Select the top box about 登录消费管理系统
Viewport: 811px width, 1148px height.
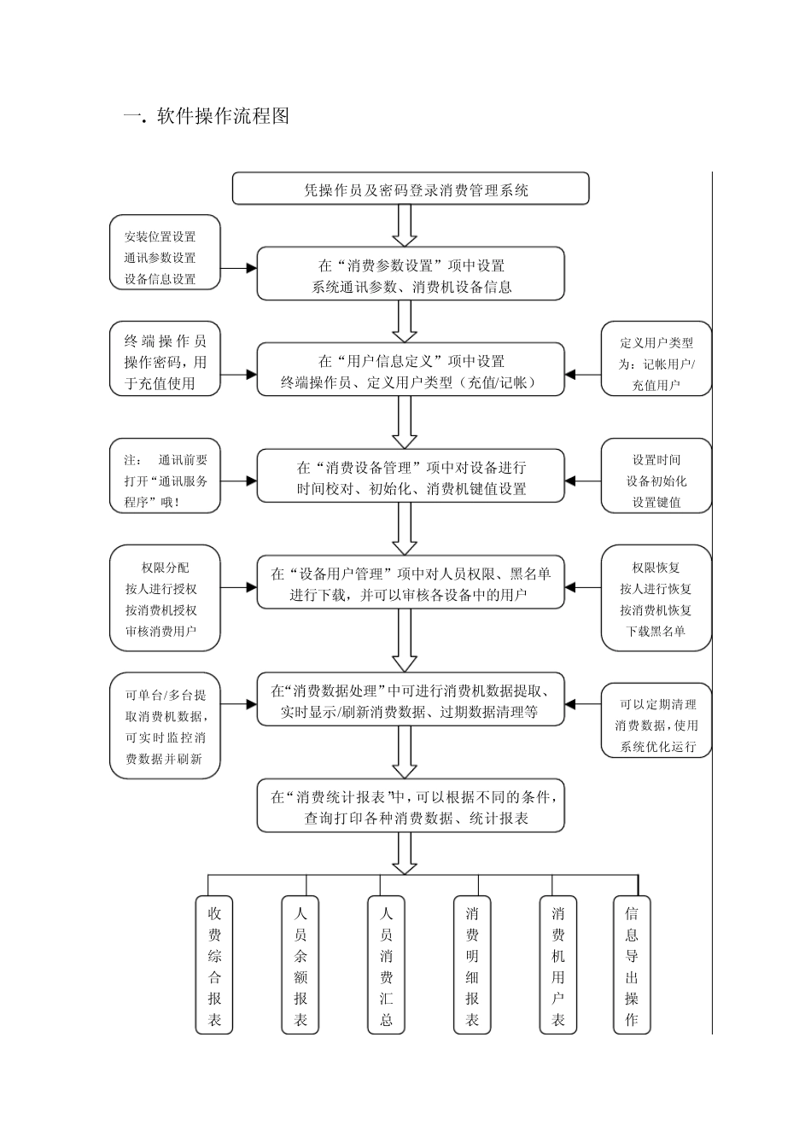click(x=411, y=189)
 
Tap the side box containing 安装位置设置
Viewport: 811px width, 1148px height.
click(x=165, y=257)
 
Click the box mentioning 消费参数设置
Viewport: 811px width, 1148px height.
click(x=411, y=274)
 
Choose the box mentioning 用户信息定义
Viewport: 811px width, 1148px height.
click(x=411, y=370)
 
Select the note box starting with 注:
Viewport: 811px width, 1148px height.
click(x=165, y=481)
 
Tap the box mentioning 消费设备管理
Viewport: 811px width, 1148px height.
click(x=411, y=477)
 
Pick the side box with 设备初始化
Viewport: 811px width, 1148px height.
click(x=656, y=481)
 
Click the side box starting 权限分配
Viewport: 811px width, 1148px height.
click(x=165, y=599)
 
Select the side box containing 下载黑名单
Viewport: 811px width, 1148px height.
click(x=656, y=599)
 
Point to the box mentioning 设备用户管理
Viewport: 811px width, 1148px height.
click(x=411, y=584)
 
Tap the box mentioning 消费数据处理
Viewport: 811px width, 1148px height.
click(x=411, y=701)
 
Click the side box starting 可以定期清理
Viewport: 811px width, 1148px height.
click(x=656, y=725)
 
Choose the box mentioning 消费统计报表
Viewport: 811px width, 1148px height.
click(x=411, y=807)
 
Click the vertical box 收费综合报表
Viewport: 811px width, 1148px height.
click(x=214, y=965)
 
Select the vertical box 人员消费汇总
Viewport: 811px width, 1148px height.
click(x=386, y=965)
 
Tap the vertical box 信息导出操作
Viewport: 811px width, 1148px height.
click(x=631, y=965)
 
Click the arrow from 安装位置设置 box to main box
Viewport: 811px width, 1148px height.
click(x=238, y=268)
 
